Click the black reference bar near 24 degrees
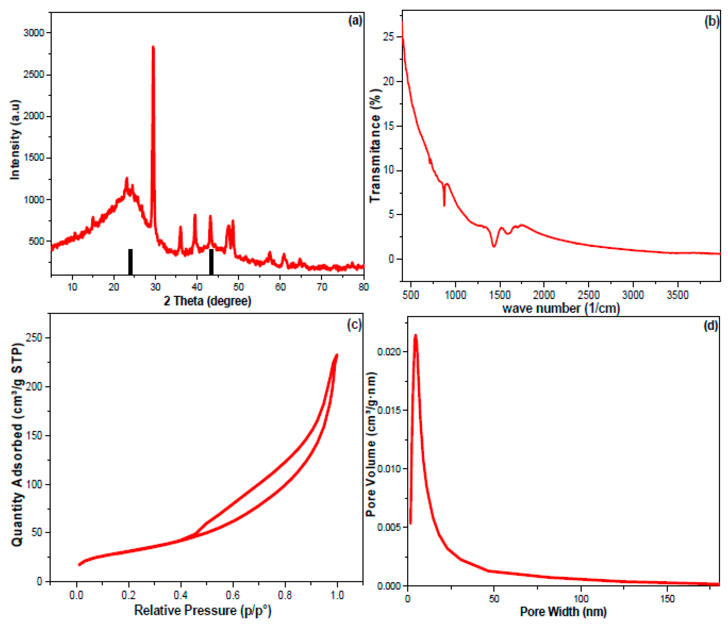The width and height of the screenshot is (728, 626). [130, 262]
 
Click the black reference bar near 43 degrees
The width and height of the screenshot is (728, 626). [211, 262]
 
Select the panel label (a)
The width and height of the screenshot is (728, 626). [355, 21]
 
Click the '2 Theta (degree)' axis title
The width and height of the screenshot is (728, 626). [207, 301]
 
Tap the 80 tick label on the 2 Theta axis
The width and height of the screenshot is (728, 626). [363, 287]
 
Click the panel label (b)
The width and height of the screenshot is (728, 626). [712, 22]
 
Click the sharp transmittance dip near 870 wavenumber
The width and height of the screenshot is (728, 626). [444, 205]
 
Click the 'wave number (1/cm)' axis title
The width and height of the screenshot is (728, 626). [561, 308]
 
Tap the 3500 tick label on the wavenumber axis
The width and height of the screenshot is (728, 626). [677, 294]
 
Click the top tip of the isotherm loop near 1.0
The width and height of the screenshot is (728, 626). [337, 355]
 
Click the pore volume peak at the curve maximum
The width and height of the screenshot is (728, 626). [416, 335]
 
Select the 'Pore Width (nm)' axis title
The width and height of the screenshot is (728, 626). [563, 611]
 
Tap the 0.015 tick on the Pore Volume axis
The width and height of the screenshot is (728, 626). [389, 410]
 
